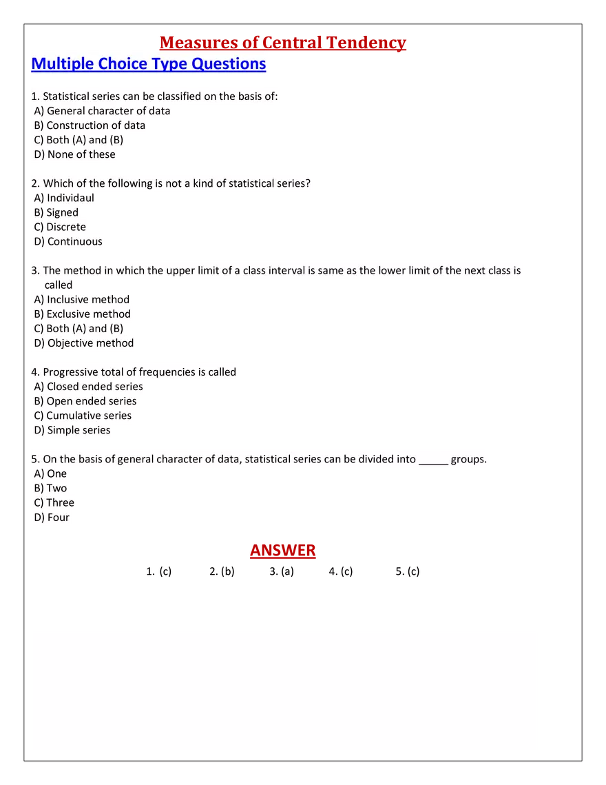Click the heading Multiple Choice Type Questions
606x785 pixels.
pos(148,64)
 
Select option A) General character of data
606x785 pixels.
pos(102,111)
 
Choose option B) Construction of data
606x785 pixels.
pos(90,125)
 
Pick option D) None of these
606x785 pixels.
pos(75,154)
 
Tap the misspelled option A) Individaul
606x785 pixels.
pos(65,198)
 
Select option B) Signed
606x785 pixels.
pos(56,213)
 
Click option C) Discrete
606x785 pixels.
pos(60,227)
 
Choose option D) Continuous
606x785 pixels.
pos(68,242)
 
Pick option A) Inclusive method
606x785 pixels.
pos(81,300)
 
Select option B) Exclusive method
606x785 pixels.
pos(82,314)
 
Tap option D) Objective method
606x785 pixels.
pos(84,343)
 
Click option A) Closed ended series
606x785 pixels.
pos(88,387)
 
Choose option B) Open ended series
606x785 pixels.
pos(85,401)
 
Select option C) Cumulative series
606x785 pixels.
pos(83,416)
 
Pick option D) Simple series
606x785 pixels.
pos(72,430)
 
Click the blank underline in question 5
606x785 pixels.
pos(433,460)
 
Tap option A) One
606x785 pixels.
pos(50,473)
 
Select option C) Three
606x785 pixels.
pos(54,502)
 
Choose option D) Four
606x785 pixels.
pos(52,517)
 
